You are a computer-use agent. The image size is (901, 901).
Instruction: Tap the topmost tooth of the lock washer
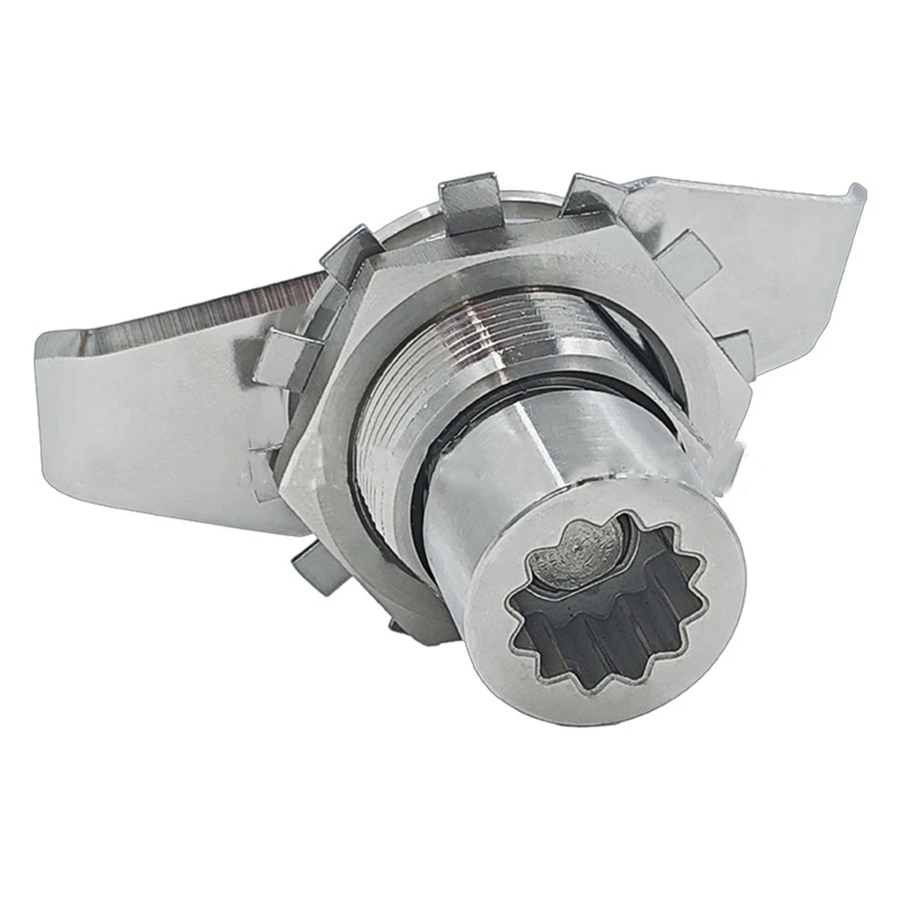[469, 194]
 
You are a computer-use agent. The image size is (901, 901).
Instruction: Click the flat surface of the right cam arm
[774, 261]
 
